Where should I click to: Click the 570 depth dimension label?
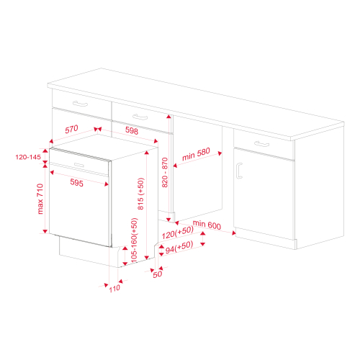pyautogui.click(x=71, y=130)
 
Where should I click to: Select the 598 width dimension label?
pyautogui.click(x=132, y=130)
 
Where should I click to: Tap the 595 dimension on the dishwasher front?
pyautogui.click(x=77, y=184)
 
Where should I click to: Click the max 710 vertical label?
pyautogui.click(x=40, y=199)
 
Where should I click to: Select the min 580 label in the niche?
pyautogui.click(x=195, y=153)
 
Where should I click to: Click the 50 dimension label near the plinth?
pyautogui.click(x=157, y=274)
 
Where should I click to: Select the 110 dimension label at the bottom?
pyautogui.click(x=114, y=289)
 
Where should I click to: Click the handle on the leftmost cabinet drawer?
pyautogui.click(x=81, y=104)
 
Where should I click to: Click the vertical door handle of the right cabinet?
pyautogui.click(x=238, y=170)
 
